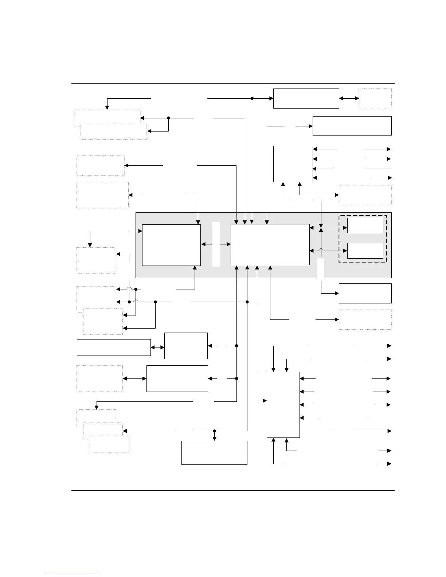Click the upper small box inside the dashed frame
(365, 225)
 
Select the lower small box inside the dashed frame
(365, 251)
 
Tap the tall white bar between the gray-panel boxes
(216, 244)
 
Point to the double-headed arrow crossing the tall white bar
(216, 244)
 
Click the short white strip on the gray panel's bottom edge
(321, 269)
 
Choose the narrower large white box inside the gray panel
(171, 245)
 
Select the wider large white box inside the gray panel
(270, 244)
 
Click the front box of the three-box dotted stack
(109, 444)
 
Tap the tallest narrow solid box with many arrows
(283, 404)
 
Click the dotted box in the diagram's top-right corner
(375, 98)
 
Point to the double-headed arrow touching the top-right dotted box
(349, 98)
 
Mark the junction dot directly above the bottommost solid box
(214, 431)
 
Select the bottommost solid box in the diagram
(214, 452)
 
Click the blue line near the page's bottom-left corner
(73, 574)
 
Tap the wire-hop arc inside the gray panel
(321, 251)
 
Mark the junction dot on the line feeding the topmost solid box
(252, 98)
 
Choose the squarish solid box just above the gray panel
(293, 164)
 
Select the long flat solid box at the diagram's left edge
(114, 347)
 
